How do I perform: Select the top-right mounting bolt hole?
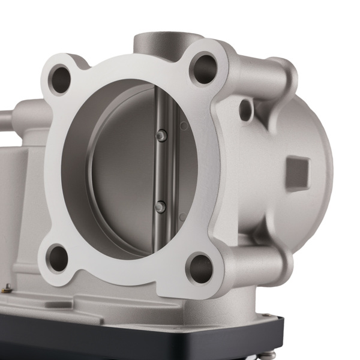pyautogui.click(x=204, y=68)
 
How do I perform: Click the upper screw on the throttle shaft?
pyautogui.click(x=160, y=136)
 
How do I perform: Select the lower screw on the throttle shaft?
pyautogui.click(x=160, y=206)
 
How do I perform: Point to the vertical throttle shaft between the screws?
pyautogui.click(x=160, y=171)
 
